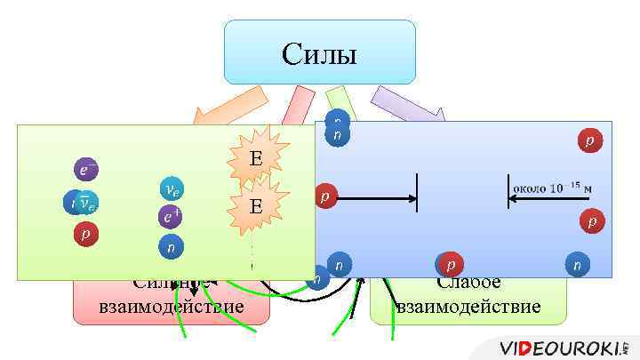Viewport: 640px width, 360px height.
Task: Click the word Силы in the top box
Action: tap(319, 54)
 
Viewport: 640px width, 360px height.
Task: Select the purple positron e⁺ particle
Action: tap(172, 216)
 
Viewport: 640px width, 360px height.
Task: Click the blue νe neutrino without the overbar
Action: tap(172, 189)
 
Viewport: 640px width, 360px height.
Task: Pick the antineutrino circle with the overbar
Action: tap(84, 204)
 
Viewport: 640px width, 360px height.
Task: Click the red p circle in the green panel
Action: tap(85, 235)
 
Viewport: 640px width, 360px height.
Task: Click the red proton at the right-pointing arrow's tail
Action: tap(326, 196)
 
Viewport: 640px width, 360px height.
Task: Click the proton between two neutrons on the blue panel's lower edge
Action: tap(452, 264)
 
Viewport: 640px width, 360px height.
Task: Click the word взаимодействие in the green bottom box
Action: tap(468, 307)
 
